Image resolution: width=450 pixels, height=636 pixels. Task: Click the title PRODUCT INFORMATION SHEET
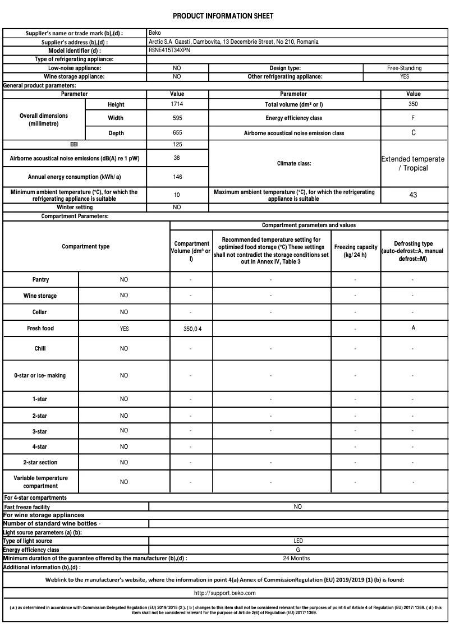(x=223, y=16)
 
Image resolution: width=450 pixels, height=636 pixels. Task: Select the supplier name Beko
(x=155, y=33)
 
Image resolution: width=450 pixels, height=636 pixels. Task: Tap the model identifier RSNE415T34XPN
(x=169, y=50)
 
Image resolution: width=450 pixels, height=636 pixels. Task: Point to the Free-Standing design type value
(x=404, y=68)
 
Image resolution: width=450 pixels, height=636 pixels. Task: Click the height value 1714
(x=177, y=104)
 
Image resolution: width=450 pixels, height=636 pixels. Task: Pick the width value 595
(x=177, y=118)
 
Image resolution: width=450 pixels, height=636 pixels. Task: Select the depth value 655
(x=177, y=133)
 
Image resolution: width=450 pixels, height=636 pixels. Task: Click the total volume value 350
(x=413, y=104)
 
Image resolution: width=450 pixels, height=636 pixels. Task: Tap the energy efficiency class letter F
(x=413, y=118)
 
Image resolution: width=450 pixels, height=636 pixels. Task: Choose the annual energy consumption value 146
(x=177, y=176)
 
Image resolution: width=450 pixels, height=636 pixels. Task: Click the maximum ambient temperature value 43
(x=413, y=195)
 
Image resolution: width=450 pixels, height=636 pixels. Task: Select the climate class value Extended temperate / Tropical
(x=413, y=163)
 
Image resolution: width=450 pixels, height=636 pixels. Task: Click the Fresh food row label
(x=40, y=328)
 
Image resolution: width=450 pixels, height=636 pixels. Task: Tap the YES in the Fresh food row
(x=124, y=329)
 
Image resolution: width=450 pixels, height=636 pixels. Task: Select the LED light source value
(x=298, y=541)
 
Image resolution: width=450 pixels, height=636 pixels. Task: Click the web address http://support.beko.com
(x=225, y=593)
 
